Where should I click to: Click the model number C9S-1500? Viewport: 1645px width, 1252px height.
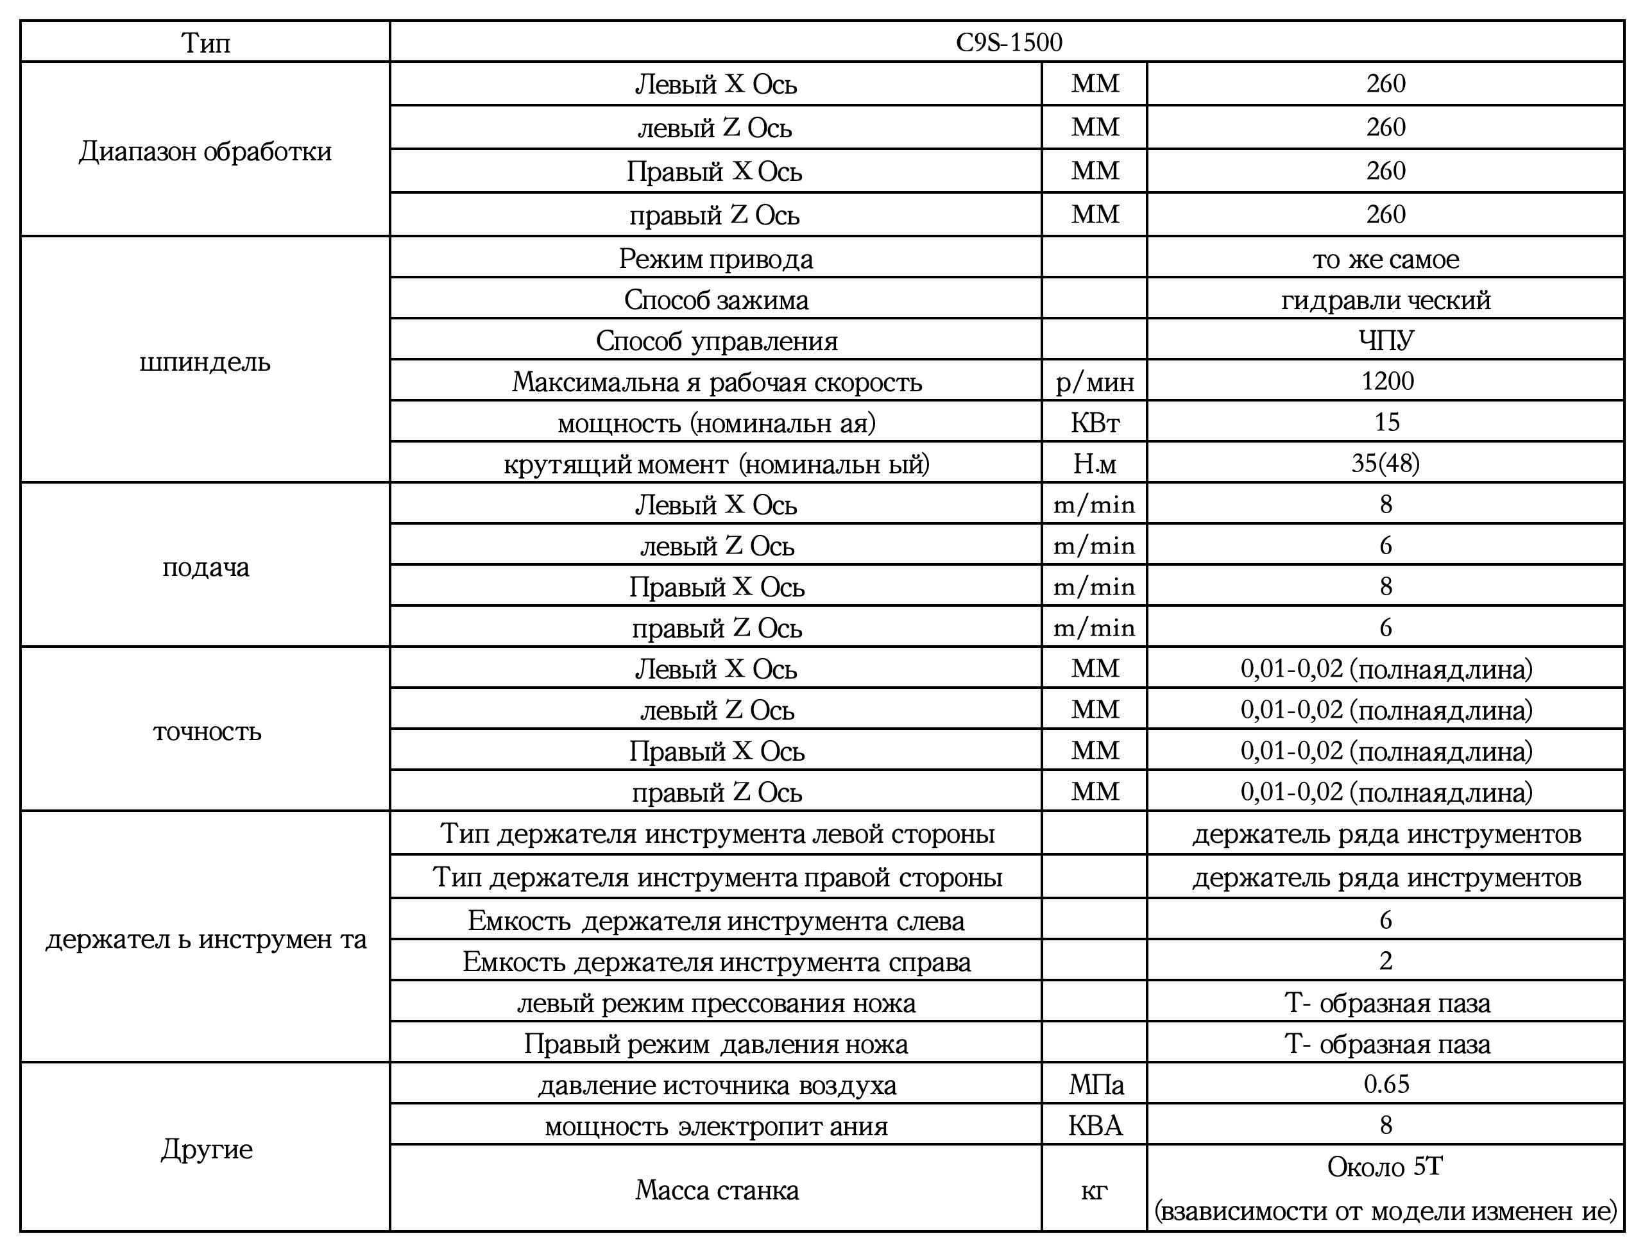click(1009, 42)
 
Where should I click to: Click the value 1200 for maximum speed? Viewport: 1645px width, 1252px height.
click(1386, 381)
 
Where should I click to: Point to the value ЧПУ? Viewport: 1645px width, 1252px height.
click(1386, 341)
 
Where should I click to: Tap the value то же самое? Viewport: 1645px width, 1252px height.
click(1386, 258)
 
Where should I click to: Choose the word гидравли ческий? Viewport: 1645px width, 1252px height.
click(1386, 300)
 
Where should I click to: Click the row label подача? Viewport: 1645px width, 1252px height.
click(206, 568)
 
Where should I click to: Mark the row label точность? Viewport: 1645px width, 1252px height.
click(207, 732)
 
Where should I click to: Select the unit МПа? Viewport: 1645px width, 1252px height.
click(1096, 1085)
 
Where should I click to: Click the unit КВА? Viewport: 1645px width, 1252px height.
click(1095, 1125)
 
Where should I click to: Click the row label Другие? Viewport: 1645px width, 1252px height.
click(207, 1149)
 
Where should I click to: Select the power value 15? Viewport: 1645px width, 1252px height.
click(1386, 423)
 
